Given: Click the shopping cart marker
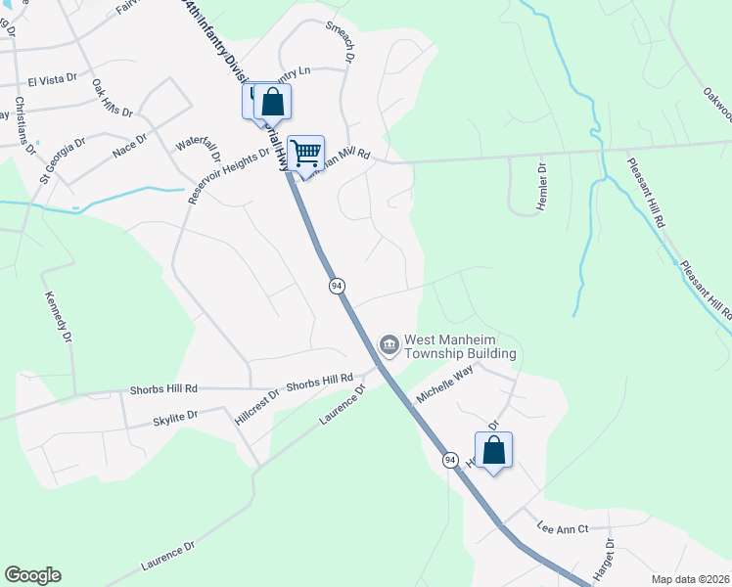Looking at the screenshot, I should (306, 153).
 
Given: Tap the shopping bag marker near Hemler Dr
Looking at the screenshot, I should (493, 450).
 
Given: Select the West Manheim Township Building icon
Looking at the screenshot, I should (388, 344).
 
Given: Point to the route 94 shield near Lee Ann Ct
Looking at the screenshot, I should (450, 460).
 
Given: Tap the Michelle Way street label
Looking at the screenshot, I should (445, 382).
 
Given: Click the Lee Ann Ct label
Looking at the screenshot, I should (562, 529).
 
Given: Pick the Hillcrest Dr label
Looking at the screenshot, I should (257, 404).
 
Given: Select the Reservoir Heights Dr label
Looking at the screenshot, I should (228, 175).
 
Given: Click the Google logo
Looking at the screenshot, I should (32, 575).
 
